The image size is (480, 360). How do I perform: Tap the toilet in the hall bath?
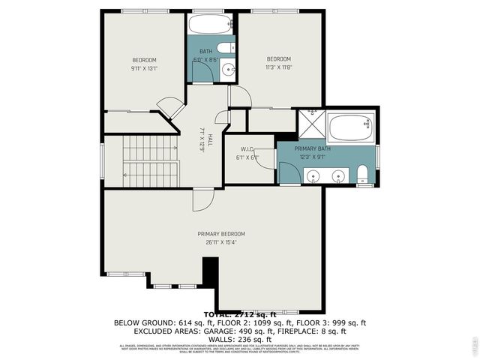click(x=230, y=48)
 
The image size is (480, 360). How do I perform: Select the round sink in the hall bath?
click(x=229, y=70)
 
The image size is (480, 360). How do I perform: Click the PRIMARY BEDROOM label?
click(x=221, y=234)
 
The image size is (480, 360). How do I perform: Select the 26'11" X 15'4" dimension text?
click(x=221, y=242)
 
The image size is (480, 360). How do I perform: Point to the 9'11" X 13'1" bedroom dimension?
click(x=144, y=68)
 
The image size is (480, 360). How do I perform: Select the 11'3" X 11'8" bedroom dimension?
click(x=278, y=67)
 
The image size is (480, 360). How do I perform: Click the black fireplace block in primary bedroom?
click(x=211, y=270)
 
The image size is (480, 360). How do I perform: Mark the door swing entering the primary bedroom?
click(x=202, y=199)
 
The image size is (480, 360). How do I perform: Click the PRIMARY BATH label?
click(x=312, y=148)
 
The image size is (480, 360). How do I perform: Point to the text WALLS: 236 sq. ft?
click(x=239, y=338)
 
